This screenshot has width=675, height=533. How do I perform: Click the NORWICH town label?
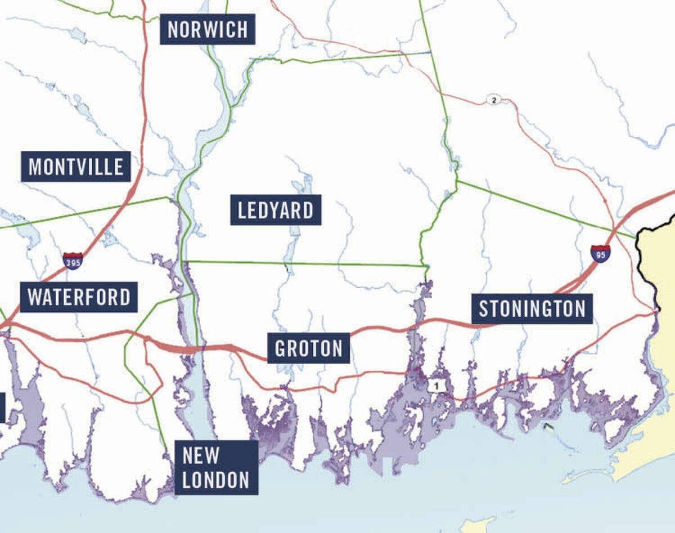point(208,29)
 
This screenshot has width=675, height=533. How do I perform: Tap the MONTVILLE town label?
point(76,167)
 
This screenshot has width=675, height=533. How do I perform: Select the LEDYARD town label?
point(276,210)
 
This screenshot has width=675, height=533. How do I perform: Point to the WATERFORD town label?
point(79,297)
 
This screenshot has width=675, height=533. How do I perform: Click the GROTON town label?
point(308,348)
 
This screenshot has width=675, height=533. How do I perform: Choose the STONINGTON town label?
point(532,308)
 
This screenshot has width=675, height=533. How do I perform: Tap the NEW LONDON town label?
point(216,467)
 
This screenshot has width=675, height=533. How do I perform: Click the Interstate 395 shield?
point(73,261)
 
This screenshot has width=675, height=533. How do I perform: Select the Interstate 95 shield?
point(600,253)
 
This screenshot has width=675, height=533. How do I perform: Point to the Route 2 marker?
point(493,100)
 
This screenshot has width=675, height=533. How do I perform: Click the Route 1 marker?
point(434,386)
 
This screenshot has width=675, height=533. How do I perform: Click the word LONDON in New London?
point(216,480)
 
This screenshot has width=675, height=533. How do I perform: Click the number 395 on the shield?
point(73,262)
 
